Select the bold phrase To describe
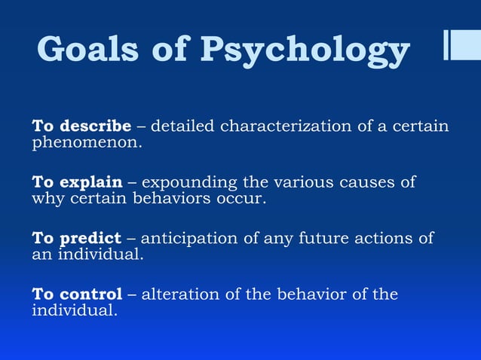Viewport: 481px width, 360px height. tap(81, 125)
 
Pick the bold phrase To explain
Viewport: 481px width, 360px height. tap(76, 182)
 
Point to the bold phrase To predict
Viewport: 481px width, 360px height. tap(76, 238)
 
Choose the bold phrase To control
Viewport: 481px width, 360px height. tap(77, 294)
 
